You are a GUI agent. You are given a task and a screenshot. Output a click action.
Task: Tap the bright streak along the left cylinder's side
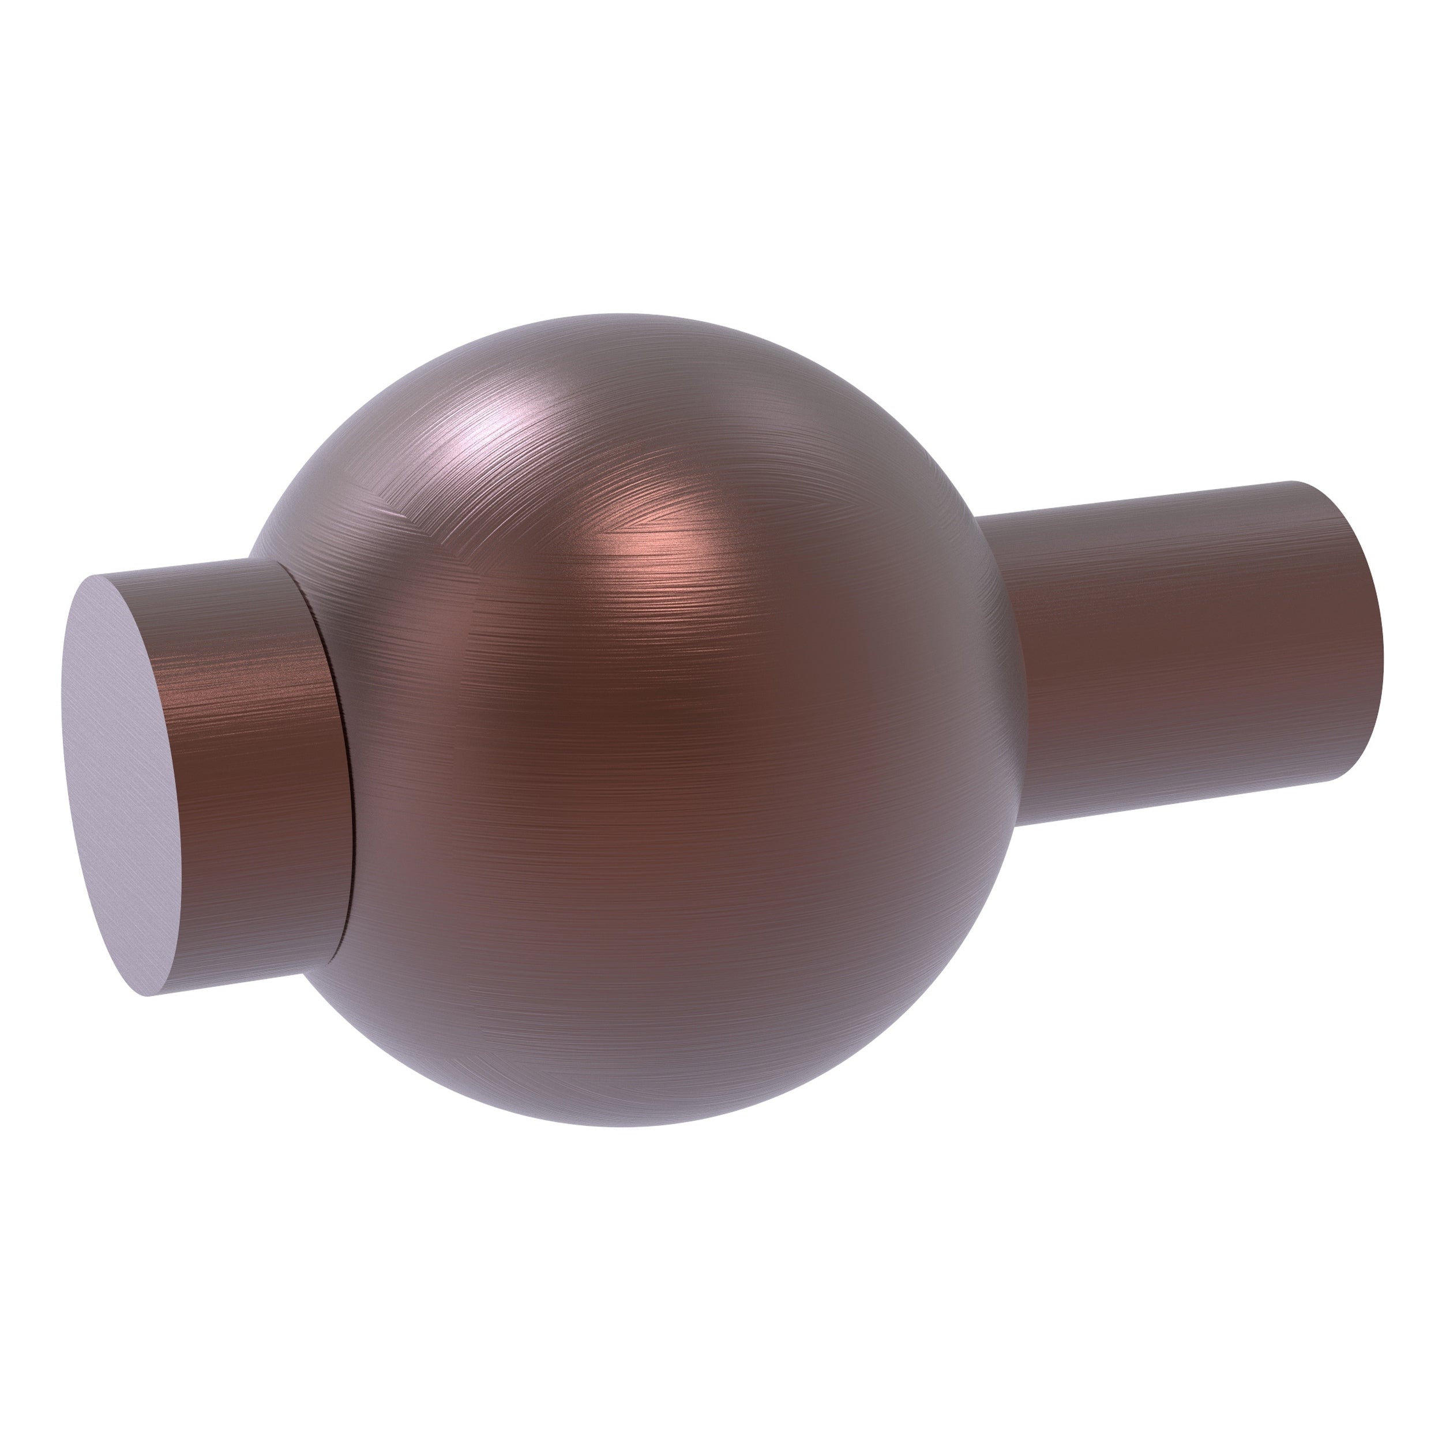[x=246, y=657]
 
